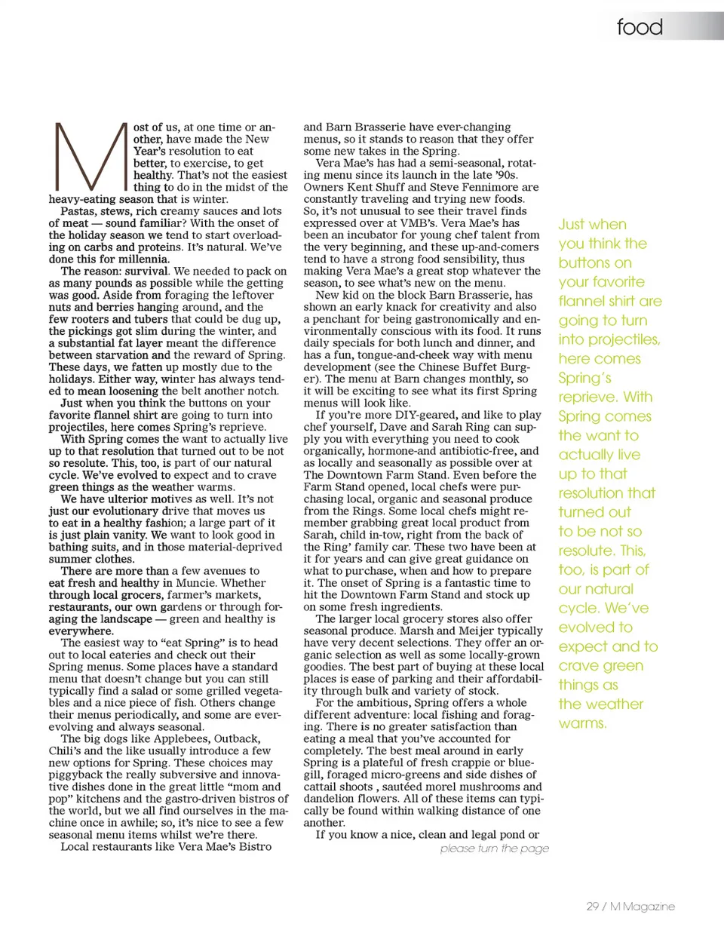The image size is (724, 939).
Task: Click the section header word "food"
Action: click(x=640, y=27)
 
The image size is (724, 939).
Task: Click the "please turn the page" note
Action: click(x=495, y=848)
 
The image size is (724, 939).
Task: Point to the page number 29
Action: click(x=593, y=907)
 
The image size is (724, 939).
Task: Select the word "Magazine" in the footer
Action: click(x=648, y=907)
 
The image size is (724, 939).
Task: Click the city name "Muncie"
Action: click(x=196, y=583)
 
